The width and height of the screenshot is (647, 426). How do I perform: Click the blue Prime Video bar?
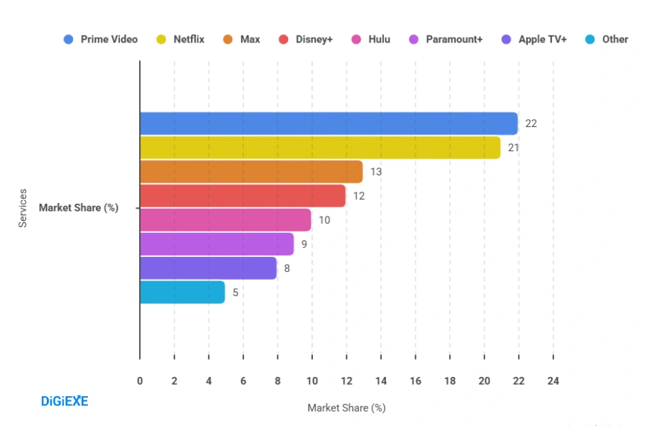[328, 124]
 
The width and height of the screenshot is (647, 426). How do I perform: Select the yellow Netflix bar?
[320, 148]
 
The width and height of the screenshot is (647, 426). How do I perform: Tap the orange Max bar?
[251, 172]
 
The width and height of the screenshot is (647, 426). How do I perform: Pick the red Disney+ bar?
[243, 196]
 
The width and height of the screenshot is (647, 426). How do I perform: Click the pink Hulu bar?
[226, 220]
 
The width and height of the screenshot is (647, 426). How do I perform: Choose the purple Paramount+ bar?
[216, 244]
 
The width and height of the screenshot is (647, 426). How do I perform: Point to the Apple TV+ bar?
[208, 268]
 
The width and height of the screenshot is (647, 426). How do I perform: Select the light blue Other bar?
[182, 293]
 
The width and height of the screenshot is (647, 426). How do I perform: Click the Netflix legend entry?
[181, 39]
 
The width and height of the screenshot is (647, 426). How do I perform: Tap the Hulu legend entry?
[372, 39]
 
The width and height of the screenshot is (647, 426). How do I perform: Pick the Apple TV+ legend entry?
[534, 39]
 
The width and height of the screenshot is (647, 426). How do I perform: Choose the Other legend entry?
[607, 39]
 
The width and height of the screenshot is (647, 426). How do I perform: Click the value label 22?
[531, 124]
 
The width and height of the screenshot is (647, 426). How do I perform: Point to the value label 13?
[376, 172]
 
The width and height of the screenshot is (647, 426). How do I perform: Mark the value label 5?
[236, 293]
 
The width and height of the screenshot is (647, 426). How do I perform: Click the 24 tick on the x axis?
[553, 381]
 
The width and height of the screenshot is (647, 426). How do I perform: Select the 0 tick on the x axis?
[140, 381]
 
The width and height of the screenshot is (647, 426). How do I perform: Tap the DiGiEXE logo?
[64, 401]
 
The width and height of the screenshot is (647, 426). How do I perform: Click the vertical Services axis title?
[23, 207]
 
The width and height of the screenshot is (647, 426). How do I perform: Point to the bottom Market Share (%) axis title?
[346, 408]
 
